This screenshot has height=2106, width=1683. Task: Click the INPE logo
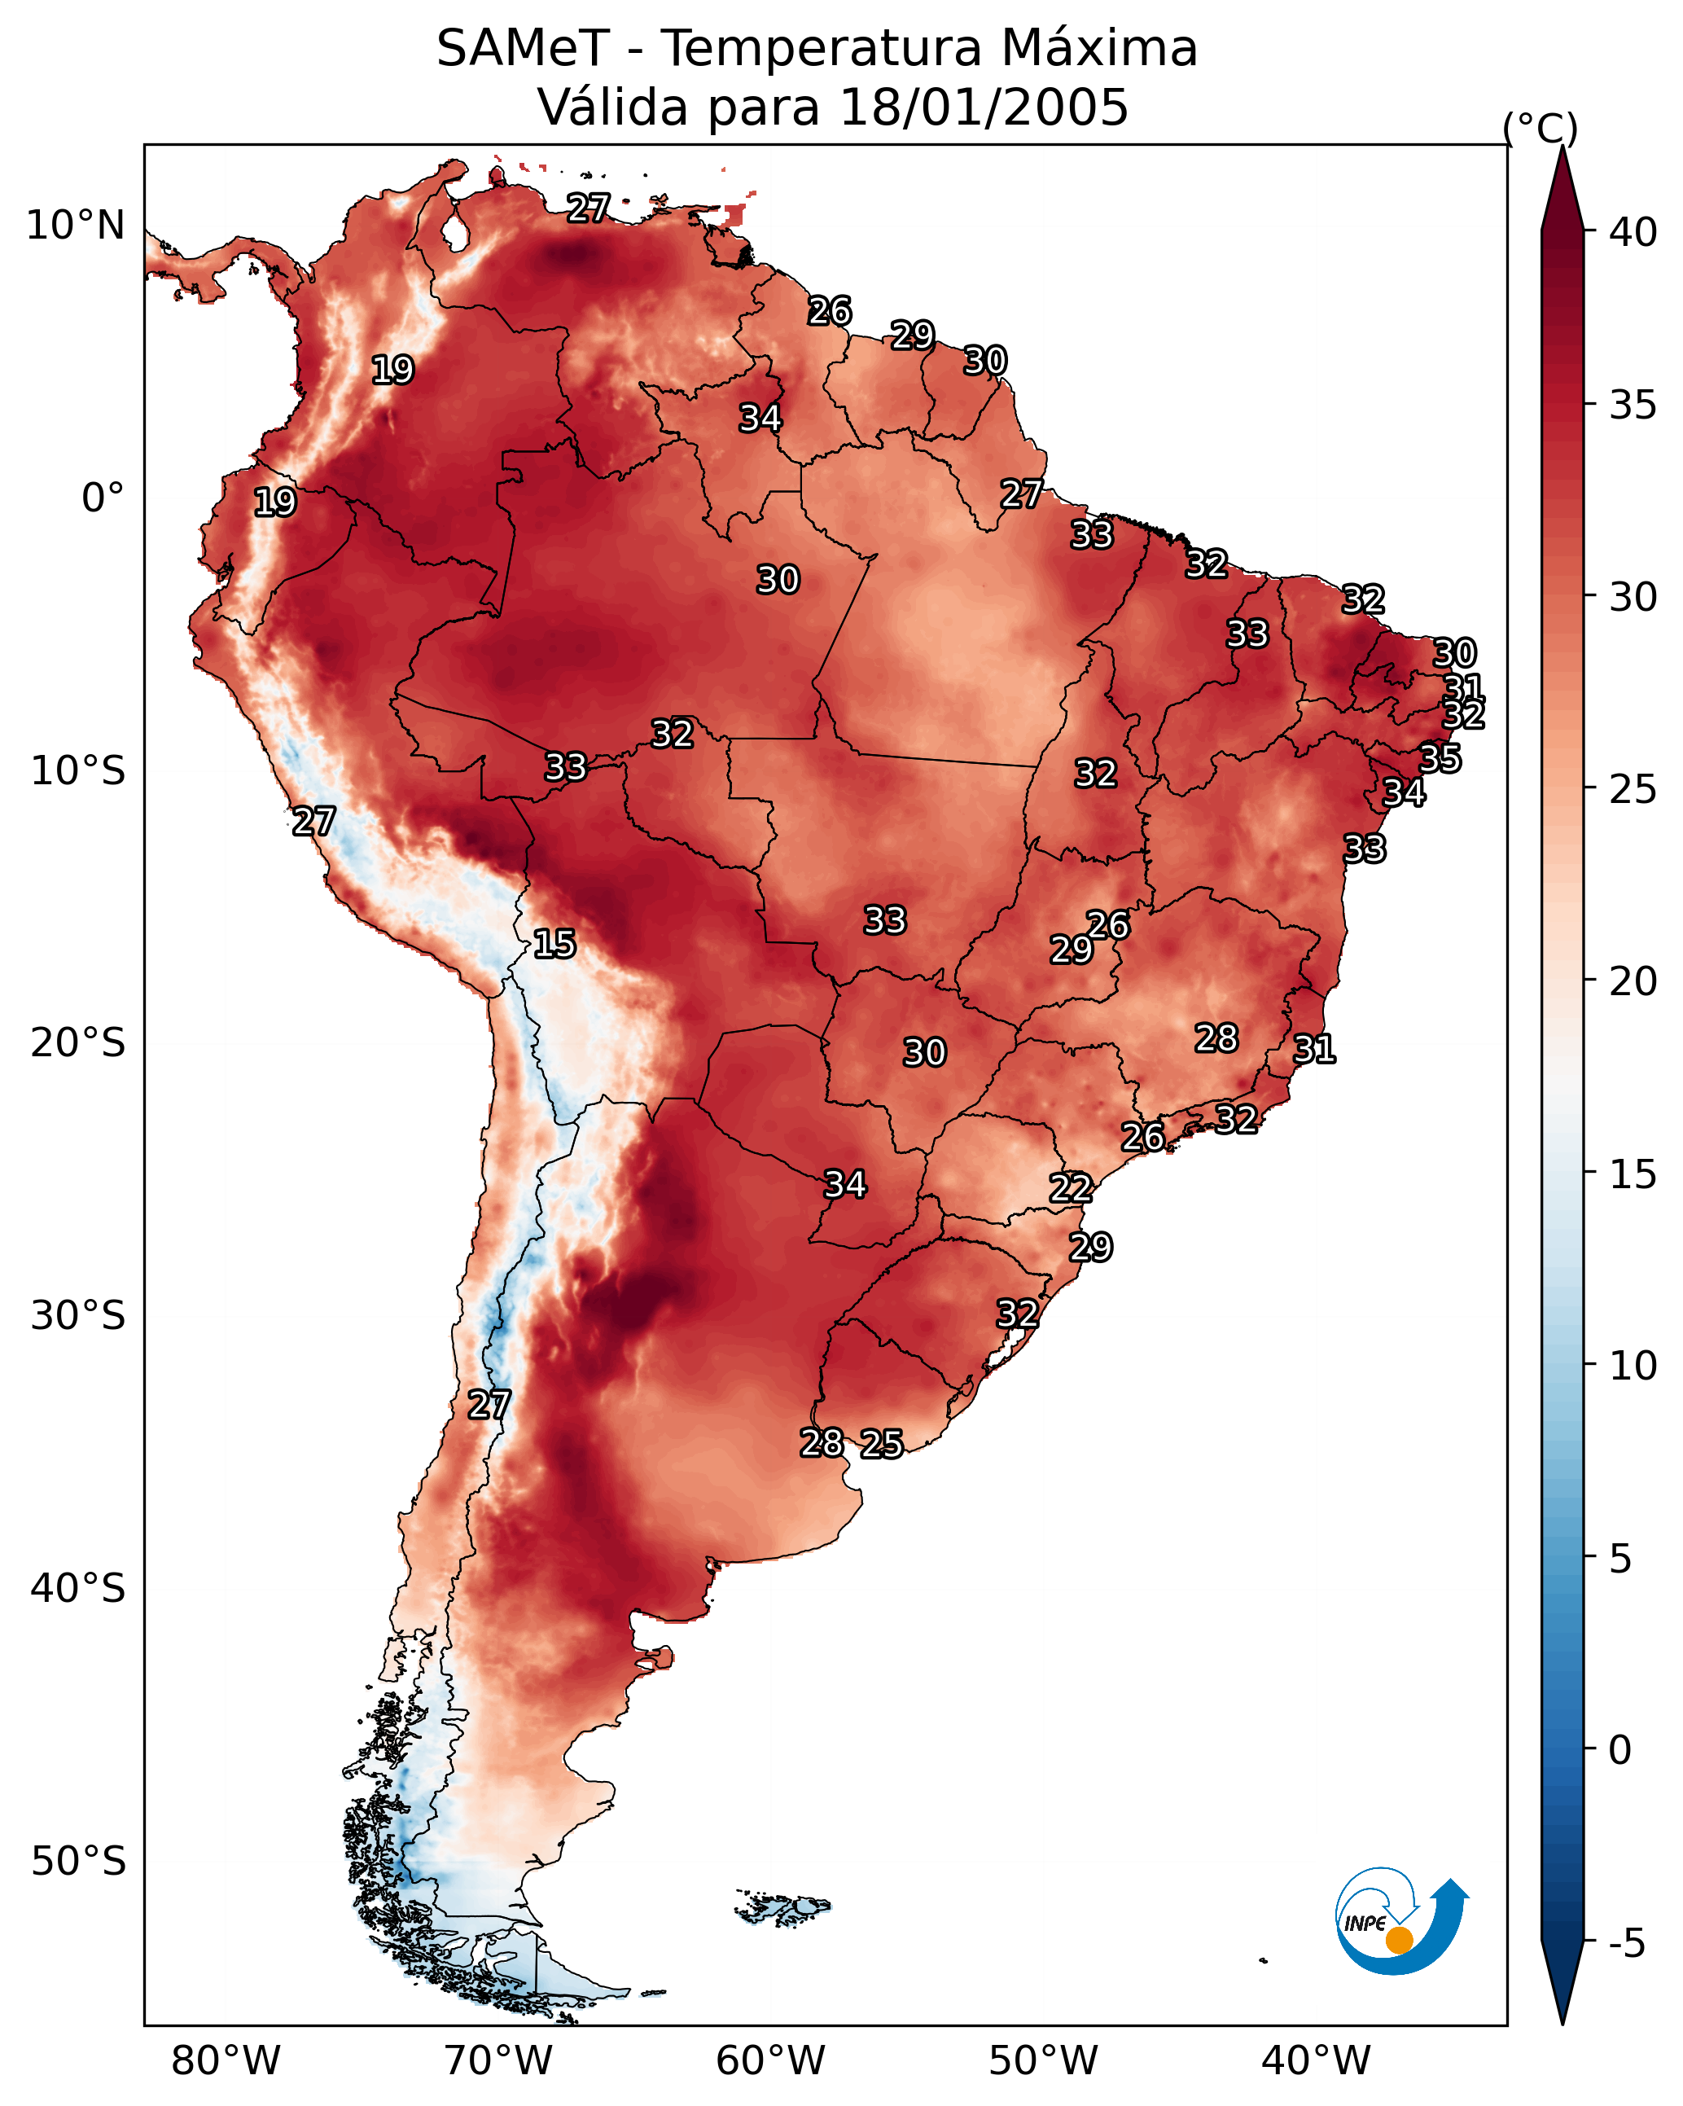coord(1402,1924)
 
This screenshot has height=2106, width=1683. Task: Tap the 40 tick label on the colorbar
coord(1633,232)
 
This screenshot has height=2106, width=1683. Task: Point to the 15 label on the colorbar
coord(1633,1174)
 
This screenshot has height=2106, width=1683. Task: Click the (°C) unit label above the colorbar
coord(1541,128)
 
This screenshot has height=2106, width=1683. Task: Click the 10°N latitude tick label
coord(75,226)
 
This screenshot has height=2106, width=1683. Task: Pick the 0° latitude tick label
coord(103,498)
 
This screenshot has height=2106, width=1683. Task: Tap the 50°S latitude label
coord(78,1862)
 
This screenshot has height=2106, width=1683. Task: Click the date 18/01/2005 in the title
coord(984,107)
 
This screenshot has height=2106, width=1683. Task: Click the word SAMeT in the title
coord(523,49)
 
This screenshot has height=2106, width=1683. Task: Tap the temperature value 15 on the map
coord(554,944)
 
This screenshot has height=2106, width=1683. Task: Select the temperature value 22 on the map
coord(1071,1189)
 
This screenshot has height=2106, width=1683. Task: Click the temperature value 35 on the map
coord(1440,758)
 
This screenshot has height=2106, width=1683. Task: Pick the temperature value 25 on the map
coord(882,1444)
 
